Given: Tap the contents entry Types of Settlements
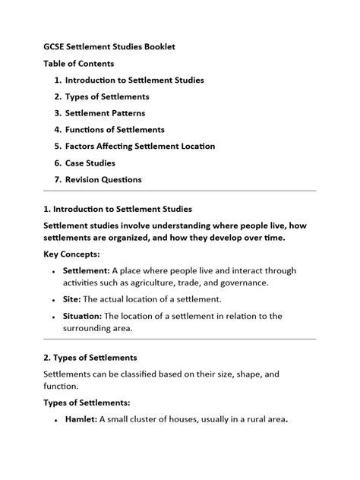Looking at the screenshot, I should coord(107,96).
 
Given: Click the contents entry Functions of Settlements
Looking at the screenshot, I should coord(115,130).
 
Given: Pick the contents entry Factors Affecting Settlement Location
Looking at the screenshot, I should coord(140,146).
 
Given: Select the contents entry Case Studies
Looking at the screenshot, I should coord(90,163).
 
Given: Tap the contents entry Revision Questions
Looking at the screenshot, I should coord(103,179).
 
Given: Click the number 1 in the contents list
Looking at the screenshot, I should coord(57,80).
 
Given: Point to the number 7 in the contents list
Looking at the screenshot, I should coord(57,179).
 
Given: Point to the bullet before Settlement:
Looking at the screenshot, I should coord(55,271).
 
